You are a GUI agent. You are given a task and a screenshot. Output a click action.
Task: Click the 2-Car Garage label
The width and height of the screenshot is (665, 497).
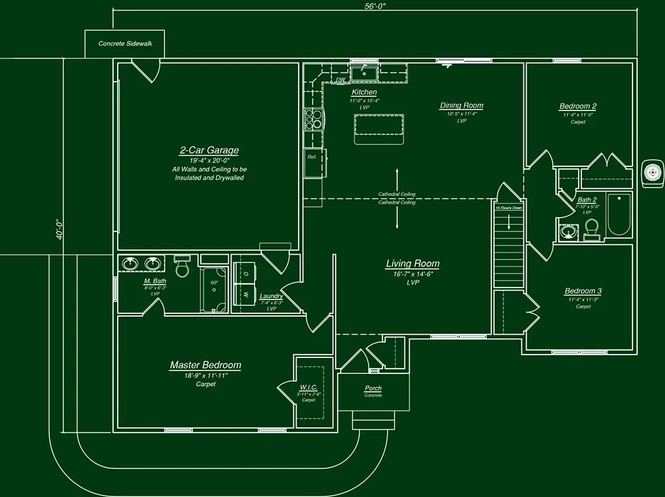208,150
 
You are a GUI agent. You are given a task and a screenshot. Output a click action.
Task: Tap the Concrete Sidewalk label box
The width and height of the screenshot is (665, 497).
125,43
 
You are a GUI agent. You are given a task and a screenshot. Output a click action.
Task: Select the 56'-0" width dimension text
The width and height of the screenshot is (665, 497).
375,5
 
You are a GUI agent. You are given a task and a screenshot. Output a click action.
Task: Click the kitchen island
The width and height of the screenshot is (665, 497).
379,128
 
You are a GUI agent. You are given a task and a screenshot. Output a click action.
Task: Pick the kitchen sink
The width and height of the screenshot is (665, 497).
364,72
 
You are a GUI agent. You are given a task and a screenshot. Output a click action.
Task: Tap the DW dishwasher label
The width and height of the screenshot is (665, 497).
340,80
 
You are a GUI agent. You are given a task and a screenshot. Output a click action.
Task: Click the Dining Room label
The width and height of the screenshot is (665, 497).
461,105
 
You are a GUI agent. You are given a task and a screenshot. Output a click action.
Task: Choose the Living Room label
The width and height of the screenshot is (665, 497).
412,263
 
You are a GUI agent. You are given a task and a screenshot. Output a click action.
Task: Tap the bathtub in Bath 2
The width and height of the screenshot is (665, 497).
618,215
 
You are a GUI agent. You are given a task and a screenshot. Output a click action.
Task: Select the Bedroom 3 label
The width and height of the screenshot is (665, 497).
583,291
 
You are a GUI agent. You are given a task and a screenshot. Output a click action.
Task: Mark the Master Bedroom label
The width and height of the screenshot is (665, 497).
205,365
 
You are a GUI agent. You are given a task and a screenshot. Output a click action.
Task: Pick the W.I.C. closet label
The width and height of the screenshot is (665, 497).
309,387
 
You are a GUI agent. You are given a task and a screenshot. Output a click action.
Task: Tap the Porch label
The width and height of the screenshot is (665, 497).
373,388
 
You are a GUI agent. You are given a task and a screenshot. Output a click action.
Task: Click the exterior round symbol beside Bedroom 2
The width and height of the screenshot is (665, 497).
652,172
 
